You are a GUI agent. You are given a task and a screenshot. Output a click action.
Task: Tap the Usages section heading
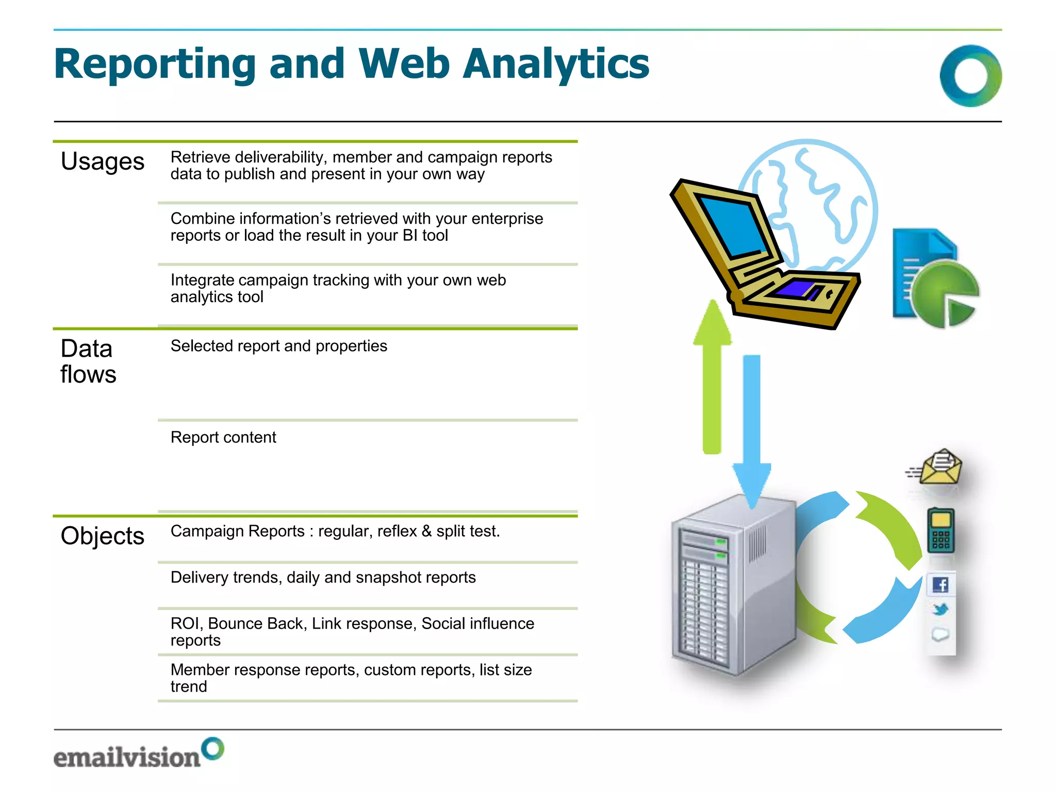tap(102, 161)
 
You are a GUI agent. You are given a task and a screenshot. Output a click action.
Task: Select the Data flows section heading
tap(88, 361)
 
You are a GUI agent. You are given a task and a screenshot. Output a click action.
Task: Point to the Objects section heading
tap(102, 536)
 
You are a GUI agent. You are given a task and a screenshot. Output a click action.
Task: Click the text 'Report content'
tap(223, 437)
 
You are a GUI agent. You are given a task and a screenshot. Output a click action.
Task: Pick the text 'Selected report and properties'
tap(278, 346)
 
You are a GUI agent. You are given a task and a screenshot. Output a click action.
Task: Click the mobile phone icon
tap(940, 531)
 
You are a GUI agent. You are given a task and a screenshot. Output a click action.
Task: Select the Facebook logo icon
tap(940, 585)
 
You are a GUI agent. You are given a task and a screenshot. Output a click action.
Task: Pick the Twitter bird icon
tap(940, 610)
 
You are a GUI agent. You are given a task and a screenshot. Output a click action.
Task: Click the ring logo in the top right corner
tap(970, 76)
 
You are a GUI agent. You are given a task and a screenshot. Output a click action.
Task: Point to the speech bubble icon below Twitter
tap(940, 635)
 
